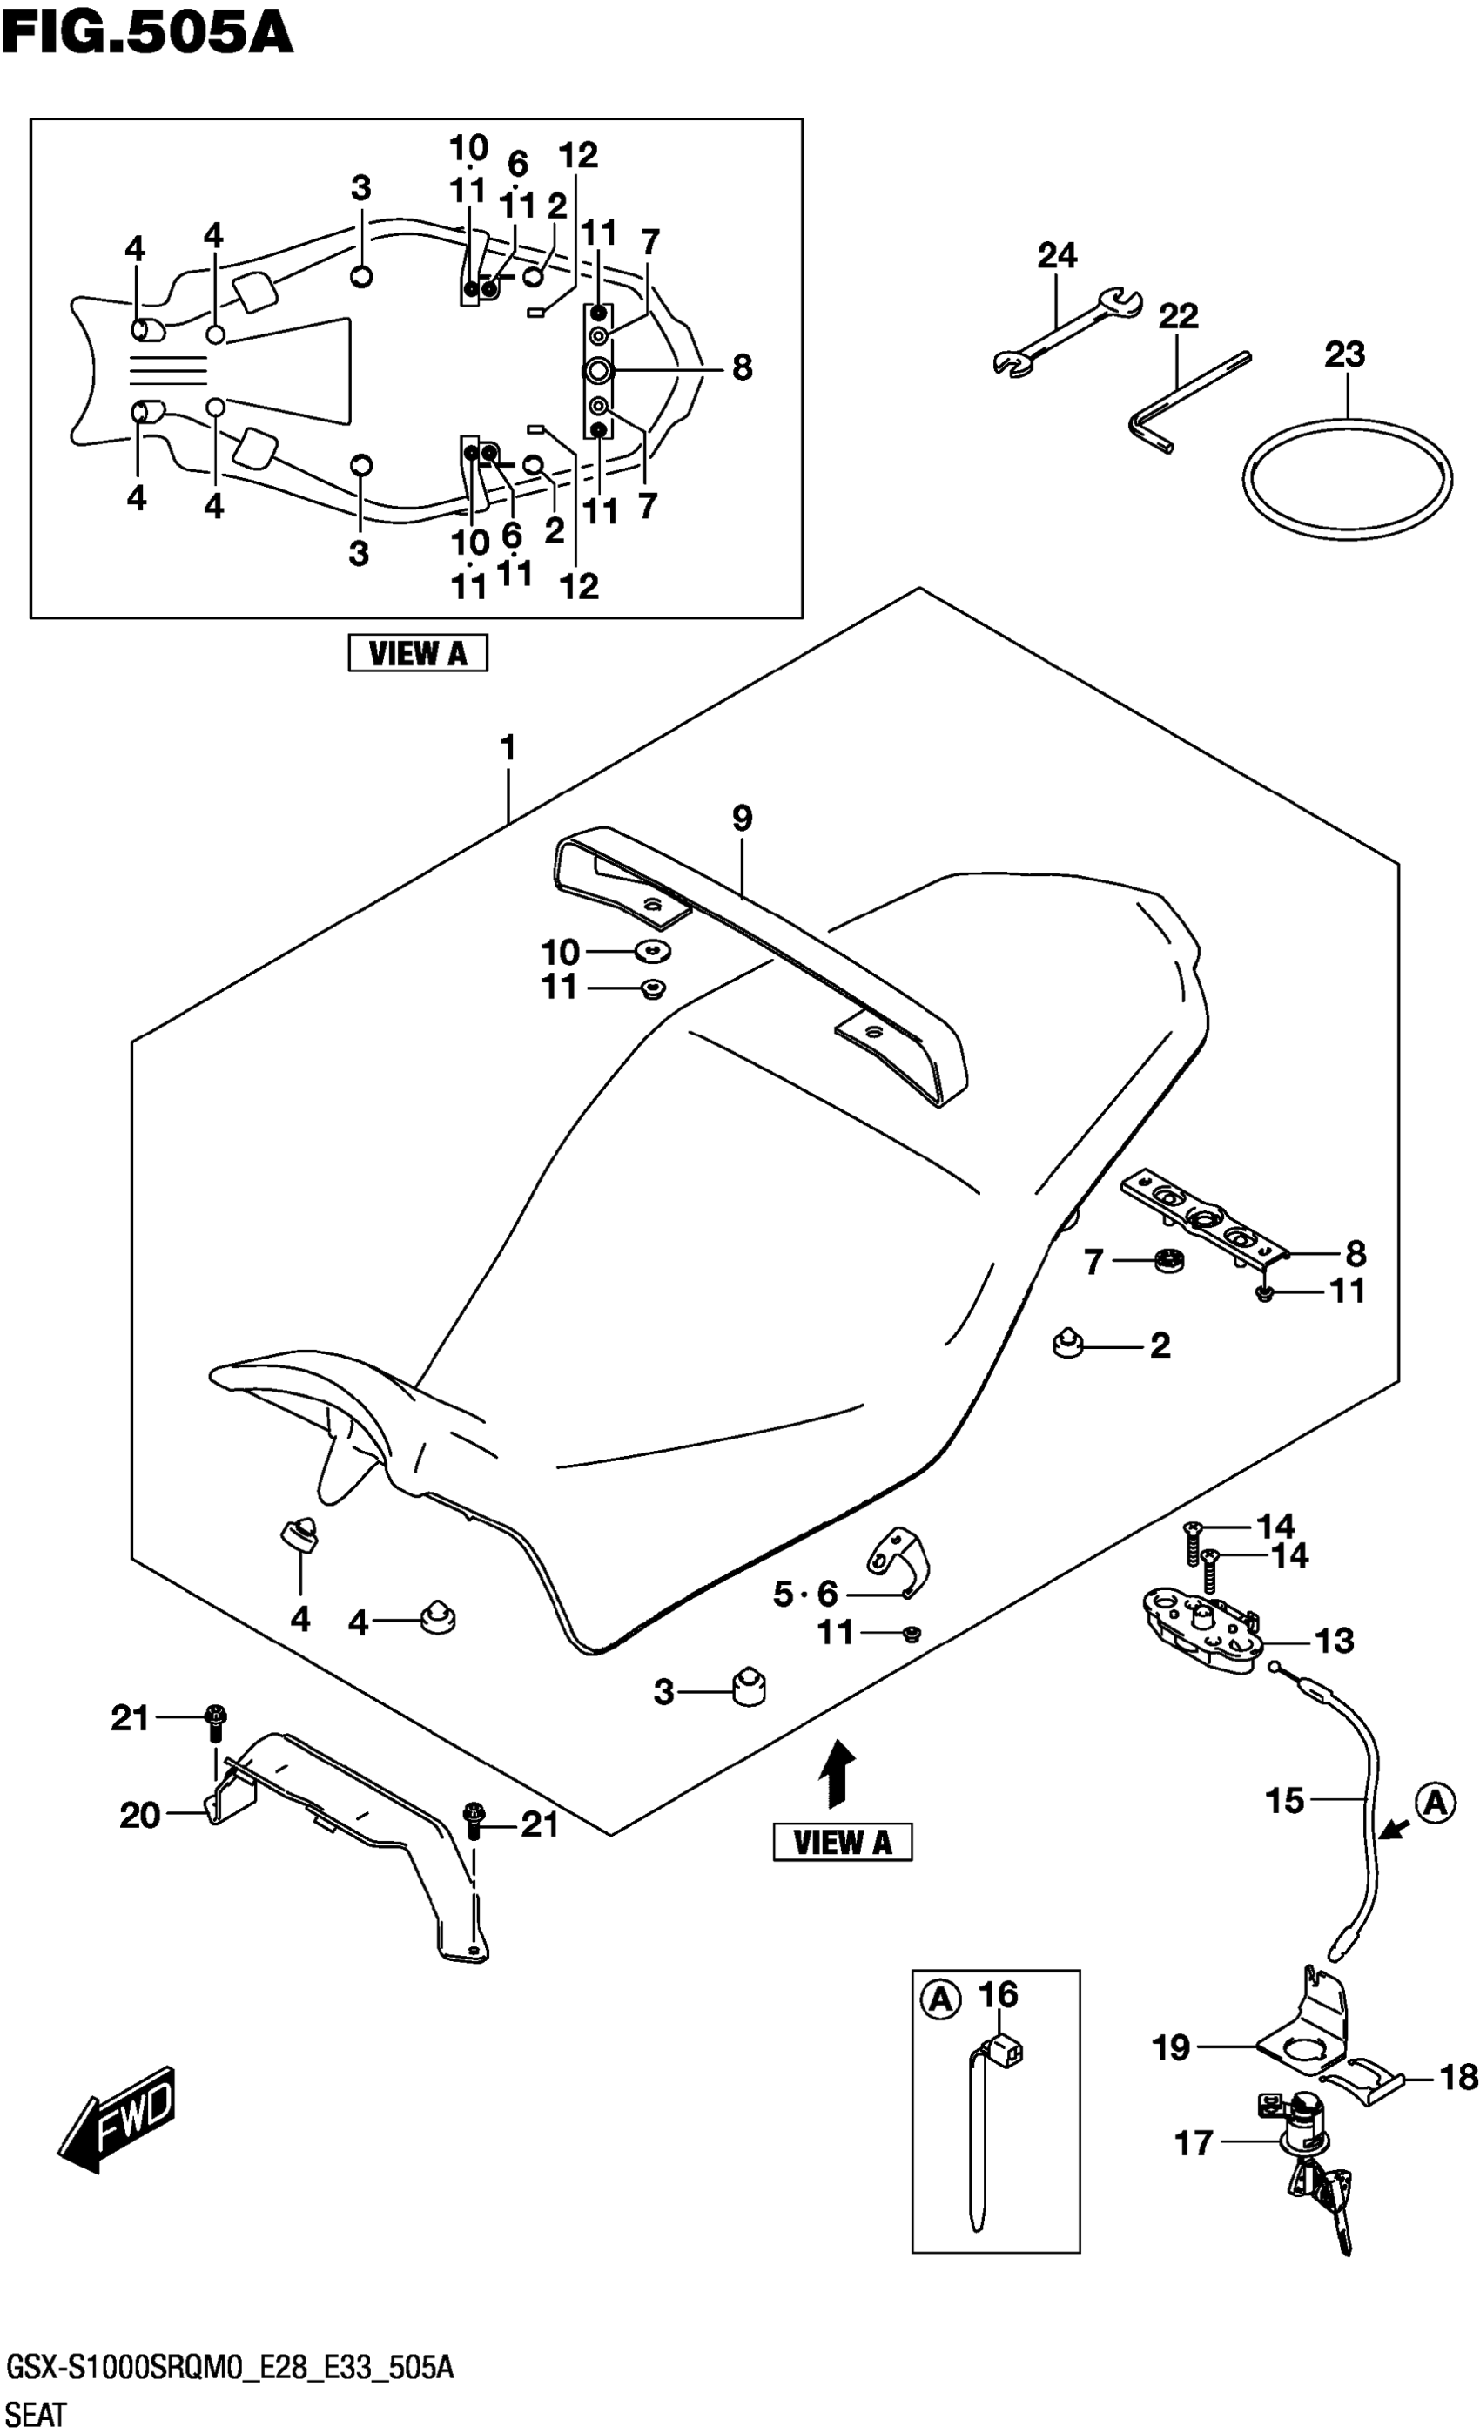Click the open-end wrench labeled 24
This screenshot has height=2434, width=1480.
[x=1066, y=331]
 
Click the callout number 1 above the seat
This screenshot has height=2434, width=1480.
[x=508, y=748]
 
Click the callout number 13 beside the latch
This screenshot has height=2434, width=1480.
[x=1334, y=1641]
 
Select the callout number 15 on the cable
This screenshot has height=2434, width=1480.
[x=1284, y=1801]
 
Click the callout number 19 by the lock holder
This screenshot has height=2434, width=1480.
[x=1172, y=2047]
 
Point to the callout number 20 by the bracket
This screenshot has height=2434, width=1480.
[x=139, y=1815]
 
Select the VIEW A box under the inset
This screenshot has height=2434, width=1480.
[x=418, y=653]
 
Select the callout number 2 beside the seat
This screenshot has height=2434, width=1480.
[x=1160, y=1345]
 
